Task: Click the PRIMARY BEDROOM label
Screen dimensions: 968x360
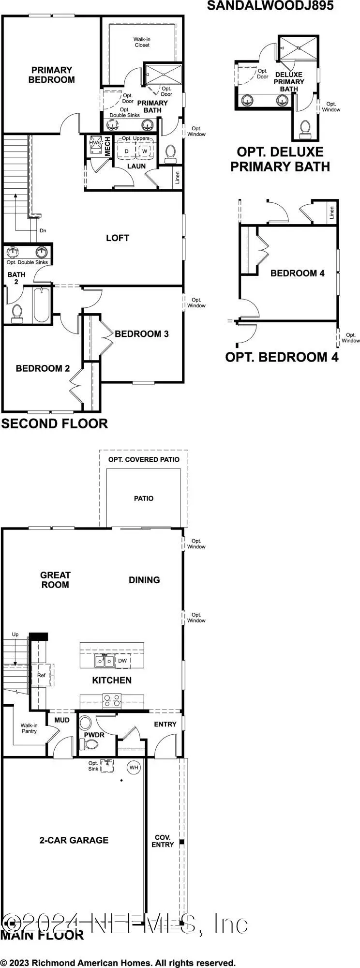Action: click(52, 75)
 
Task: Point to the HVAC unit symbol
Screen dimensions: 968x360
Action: click(95, 146)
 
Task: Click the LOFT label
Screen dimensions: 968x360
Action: click(118, 238)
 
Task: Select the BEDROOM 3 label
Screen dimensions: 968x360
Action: click(142, 334)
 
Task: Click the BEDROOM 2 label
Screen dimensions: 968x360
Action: click(43, 368)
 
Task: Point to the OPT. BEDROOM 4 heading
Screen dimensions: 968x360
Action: click(282, 357)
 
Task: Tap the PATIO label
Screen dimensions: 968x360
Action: click(144, 499)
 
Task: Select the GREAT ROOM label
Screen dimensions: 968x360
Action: click(55, 580)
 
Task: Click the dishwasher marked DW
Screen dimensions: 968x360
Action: click(122, 661)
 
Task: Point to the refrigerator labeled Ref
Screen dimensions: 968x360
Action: click(41, 675)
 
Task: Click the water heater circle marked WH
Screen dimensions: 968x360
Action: click(134, 767)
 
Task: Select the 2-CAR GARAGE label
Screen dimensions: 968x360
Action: click(74, 840)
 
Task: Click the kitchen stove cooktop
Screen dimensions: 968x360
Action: click(111, 700)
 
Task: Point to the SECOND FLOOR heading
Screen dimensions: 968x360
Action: click(54, 423)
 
